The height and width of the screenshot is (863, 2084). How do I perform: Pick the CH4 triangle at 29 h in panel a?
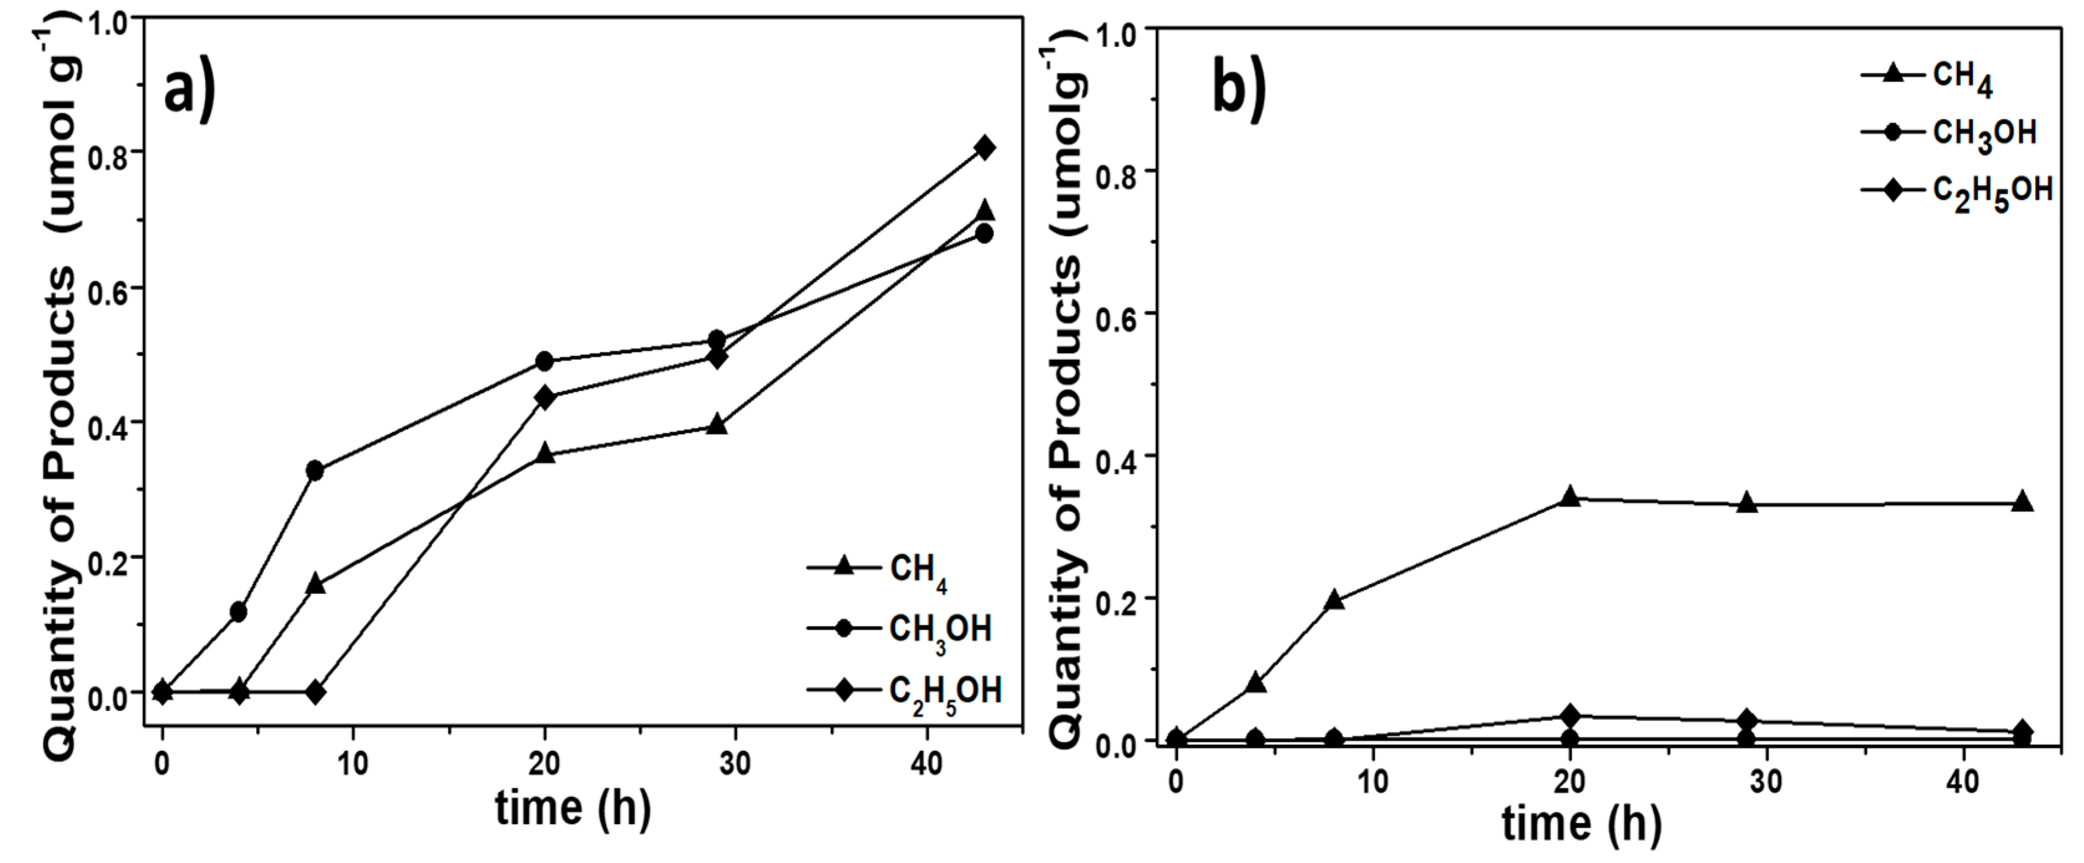717,425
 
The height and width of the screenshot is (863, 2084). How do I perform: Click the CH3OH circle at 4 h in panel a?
239,612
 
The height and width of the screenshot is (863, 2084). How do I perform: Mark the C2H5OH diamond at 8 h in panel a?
316,692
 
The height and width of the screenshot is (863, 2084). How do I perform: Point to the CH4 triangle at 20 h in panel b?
1570,498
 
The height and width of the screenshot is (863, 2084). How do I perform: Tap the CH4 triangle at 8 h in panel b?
1335,600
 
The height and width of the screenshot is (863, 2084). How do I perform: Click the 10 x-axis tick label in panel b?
1373,781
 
